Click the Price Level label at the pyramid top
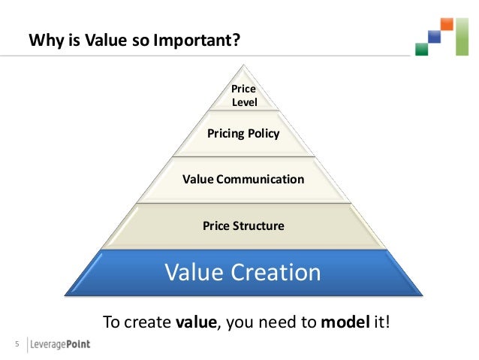pos(243,95)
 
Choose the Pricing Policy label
pos(243,135)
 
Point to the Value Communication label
pos(243,180)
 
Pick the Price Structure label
pos(243,225)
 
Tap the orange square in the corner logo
pos(447,24)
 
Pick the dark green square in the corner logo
pos(421,50)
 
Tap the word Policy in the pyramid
pos(263,135)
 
